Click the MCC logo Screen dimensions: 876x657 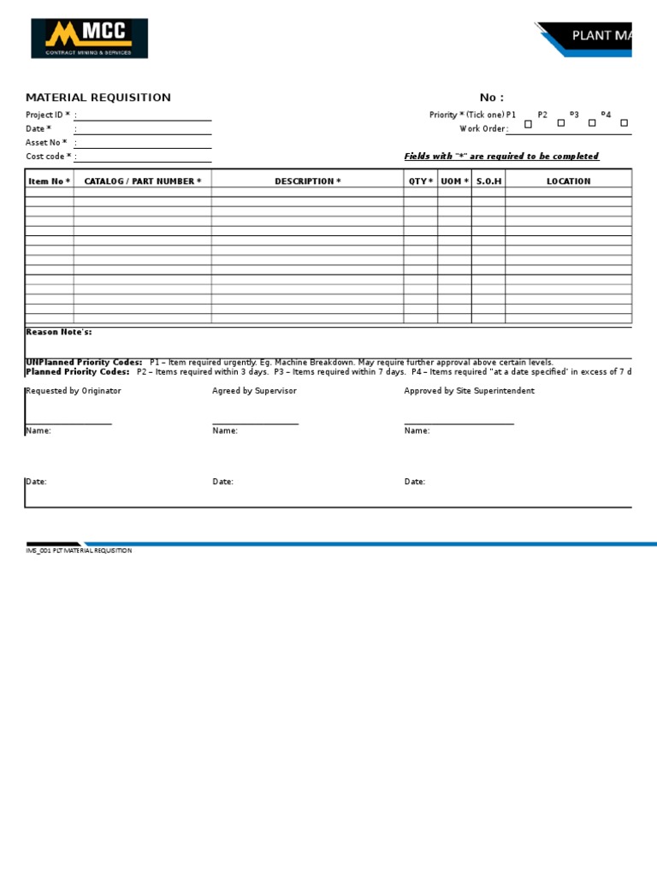click(90, 38)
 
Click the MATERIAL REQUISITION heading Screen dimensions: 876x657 click(98, 98)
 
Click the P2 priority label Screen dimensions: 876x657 click(542, 115)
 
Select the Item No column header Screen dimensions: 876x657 click(50, 181)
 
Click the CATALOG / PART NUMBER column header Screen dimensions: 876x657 click(143, 181)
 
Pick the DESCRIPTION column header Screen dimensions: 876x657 click(307, 181)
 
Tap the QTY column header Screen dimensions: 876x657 click(420, 181)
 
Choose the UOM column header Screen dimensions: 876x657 click(454, 181)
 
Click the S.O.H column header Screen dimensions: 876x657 click(488, 181)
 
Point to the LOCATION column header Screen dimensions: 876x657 click(568, 181)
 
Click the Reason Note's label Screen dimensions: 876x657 click(59, 332)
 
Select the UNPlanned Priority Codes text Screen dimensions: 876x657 click(84, 363)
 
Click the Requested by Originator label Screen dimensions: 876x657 click(74, 391)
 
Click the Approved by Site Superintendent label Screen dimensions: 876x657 click(469, 391)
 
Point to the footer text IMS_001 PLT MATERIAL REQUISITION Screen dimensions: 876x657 click(79, 551)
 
